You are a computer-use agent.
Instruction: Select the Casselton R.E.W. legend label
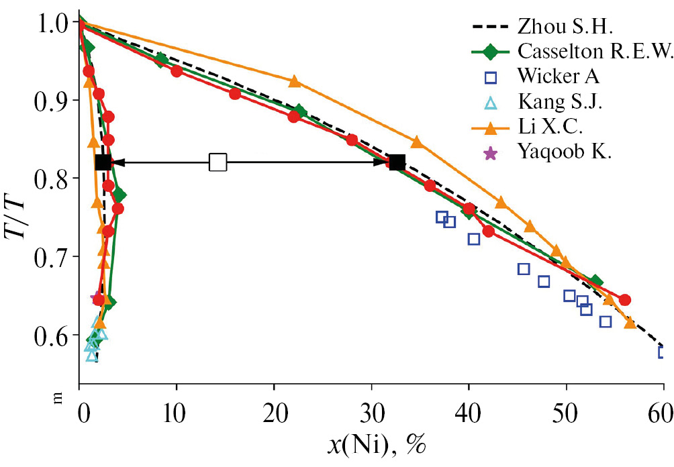click(594, 52)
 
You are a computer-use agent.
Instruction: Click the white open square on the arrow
click(218, 162)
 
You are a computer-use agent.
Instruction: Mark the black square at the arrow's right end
click(397, 162)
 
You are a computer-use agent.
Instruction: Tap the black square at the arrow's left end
click(103, 162)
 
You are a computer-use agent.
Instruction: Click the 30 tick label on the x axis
click(371, 411)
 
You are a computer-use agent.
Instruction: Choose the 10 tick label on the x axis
click(177, 411)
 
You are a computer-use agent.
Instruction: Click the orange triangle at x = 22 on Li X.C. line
click(294, 82)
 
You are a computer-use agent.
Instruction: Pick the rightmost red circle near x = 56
click(625, 299)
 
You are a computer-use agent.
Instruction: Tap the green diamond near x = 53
click(595, 282)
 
